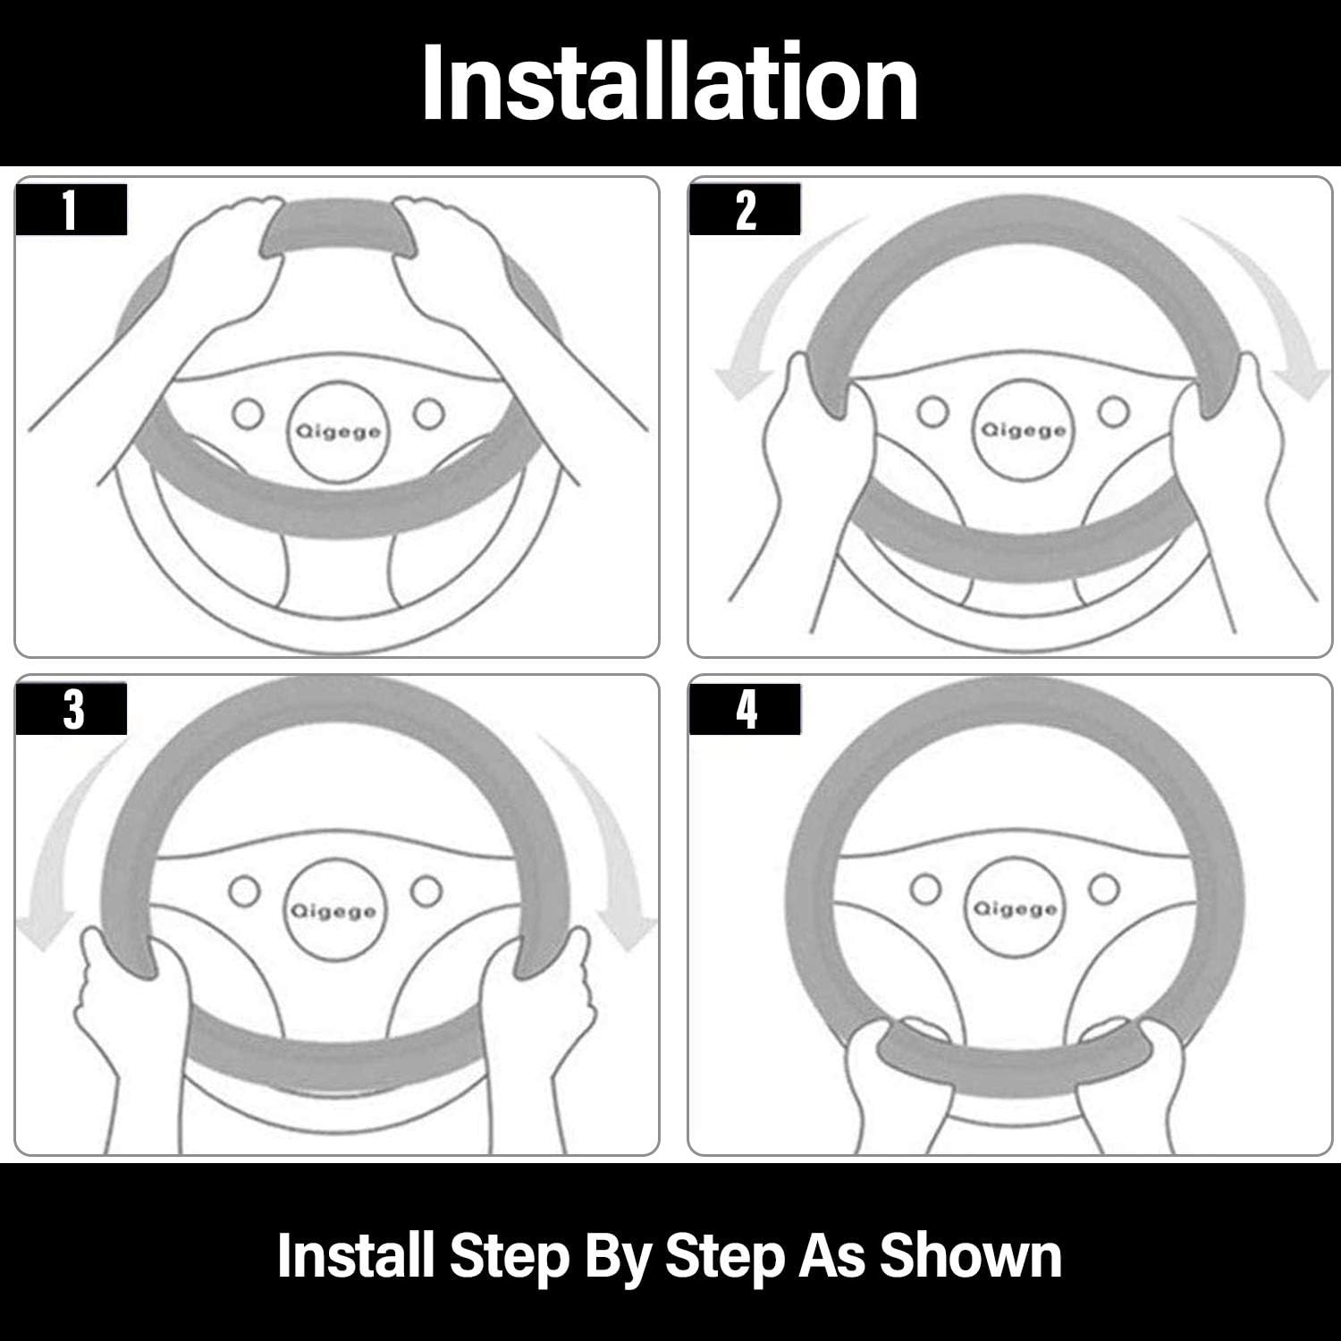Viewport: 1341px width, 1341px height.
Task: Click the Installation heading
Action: (670, 83)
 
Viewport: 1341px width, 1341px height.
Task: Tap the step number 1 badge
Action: (72, 210)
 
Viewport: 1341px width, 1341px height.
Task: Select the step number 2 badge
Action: (745, 210)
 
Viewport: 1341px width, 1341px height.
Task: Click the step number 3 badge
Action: (72, 709)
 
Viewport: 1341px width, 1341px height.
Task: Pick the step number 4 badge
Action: (745, 709)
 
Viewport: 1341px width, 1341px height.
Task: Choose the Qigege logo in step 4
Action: (1015, 908)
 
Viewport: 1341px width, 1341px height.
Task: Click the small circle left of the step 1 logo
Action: (248, 414)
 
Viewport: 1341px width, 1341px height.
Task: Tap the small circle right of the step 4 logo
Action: (1105, 887)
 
